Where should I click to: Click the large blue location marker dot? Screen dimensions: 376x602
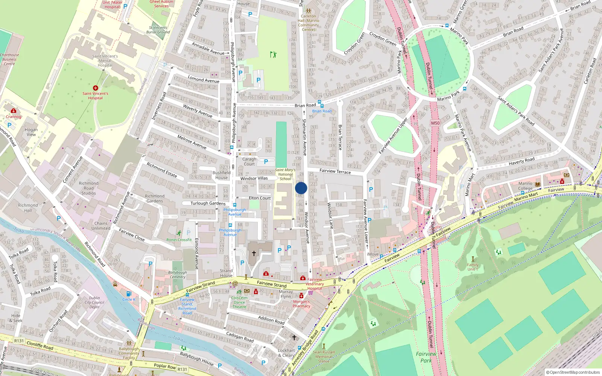click(301, 188)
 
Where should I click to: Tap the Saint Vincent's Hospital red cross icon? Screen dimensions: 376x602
click(96, 88)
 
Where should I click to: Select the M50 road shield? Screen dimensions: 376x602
click(435, 123)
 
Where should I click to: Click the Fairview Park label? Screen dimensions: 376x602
click(426, 357)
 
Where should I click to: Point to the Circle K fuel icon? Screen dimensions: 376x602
click(129, 294)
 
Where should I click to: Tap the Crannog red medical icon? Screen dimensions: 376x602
click(14, 111)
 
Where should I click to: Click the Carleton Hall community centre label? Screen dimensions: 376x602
click(309, 23)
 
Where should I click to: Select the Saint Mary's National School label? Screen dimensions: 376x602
click(285, 174)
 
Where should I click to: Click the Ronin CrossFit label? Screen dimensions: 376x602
click(179, 240)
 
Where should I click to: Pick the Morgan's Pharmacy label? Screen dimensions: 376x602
click(301, 304)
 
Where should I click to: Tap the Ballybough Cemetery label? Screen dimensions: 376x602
click(178, 274)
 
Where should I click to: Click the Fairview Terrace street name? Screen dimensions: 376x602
click(335, 171)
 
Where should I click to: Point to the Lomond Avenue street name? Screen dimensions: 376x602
click(203, 80)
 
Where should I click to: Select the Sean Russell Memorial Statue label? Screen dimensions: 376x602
click(324, 357)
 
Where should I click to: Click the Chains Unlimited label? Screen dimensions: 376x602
click(101, 226)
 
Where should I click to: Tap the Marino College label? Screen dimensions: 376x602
click(525, 186)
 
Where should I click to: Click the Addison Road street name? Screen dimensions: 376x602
click(271, 320)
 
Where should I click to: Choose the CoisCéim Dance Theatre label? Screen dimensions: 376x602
click(239, 302)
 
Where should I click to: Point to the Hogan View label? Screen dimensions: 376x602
click(31, 132)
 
